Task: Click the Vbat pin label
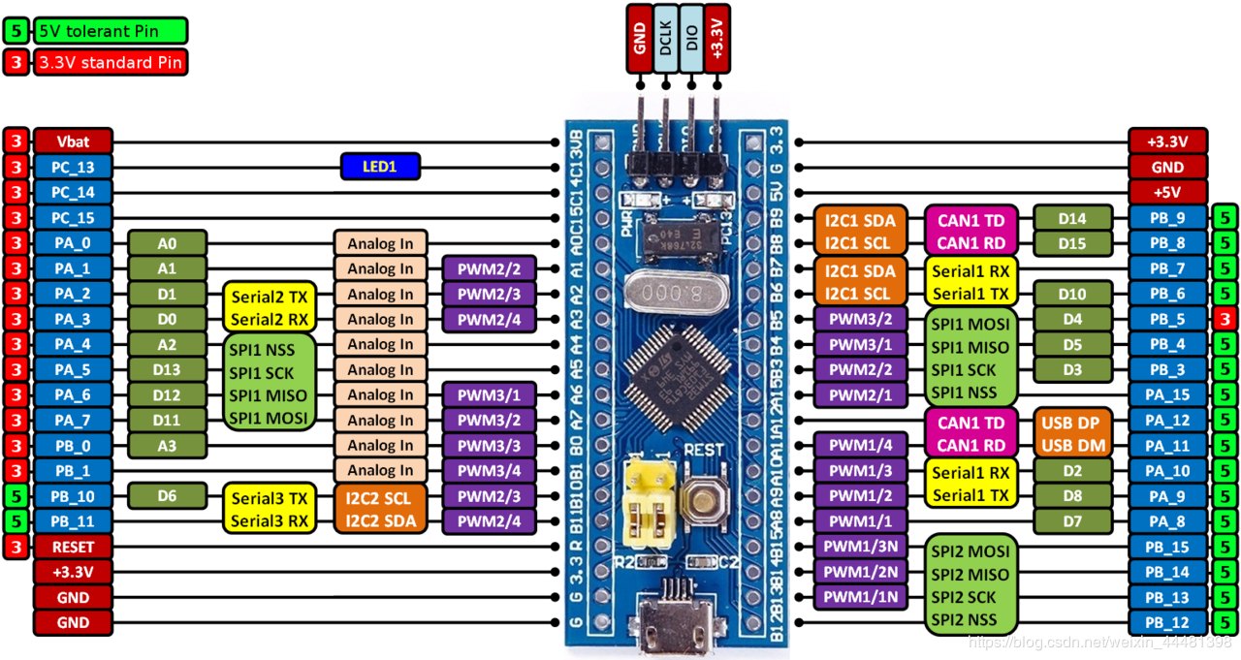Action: (73, 141)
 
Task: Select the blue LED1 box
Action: (380, 167)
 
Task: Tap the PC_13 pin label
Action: (73, 167)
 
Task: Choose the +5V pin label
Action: (1167, 192)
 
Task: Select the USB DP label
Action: (1070, 423)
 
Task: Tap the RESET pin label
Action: (73, 547)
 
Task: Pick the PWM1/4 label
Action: (860, 446)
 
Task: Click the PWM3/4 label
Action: (489, 471)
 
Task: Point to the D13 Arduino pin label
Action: (167, 369)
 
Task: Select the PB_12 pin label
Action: (1167, 622)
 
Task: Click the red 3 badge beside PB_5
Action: (1225, 319)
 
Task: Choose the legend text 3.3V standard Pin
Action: (109, 64)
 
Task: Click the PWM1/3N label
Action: (860, 547)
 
